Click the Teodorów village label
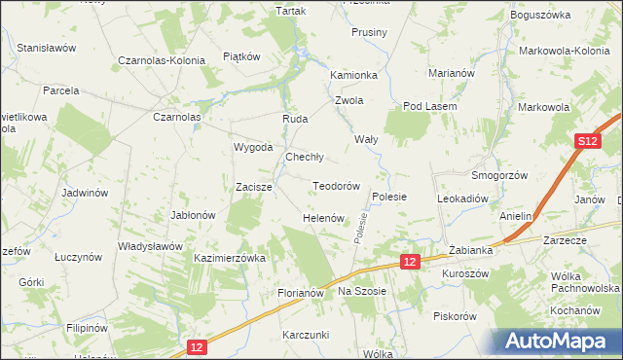[x=337, y=186]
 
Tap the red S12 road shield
[x=585, y=142]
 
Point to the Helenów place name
[x=324, y=218]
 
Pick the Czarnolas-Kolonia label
[x=162, y=60]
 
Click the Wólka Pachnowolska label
[x=580, y=281]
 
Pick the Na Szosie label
[x=362, y=291]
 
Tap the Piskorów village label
[x=455, y=316]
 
